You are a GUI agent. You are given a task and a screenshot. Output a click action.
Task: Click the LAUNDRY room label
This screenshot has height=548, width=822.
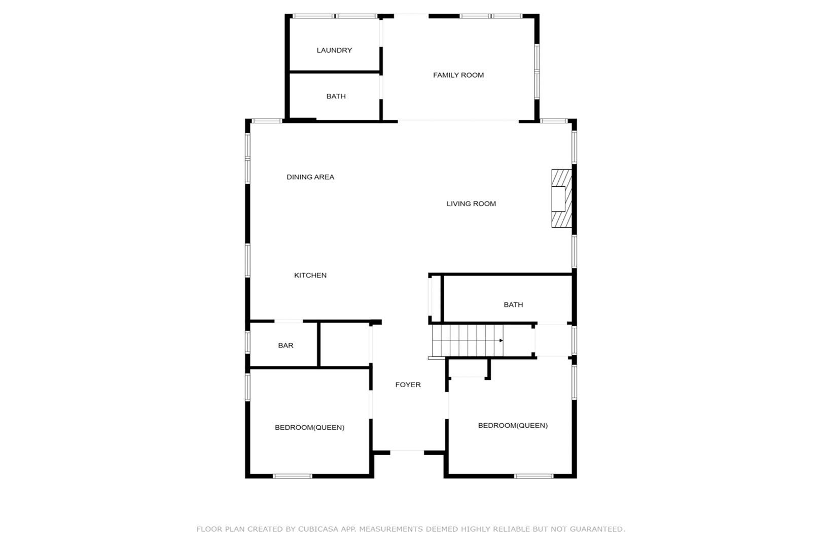click(334, 50)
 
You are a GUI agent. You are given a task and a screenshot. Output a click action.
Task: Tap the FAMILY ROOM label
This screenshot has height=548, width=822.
click(458, 75)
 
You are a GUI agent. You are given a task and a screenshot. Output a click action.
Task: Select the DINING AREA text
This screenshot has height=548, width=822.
click(310, 177)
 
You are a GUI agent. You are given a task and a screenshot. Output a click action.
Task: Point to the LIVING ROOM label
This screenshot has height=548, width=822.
click(471, 204)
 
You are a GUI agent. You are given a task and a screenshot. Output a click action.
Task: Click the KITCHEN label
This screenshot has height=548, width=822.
click(310, 276)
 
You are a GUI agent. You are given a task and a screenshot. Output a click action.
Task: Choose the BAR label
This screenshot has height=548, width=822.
click(286, 346)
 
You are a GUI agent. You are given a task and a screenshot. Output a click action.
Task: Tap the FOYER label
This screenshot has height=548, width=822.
click(408, 385)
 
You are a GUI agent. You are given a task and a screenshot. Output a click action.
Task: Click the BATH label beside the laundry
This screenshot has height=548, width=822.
click(336, 96)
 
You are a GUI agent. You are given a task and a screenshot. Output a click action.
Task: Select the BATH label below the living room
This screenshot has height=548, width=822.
click(513, 305)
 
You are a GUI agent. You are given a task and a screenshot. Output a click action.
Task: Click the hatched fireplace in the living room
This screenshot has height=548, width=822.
click(562, 198)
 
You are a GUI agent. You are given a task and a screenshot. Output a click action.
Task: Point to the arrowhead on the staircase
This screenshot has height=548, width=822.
click(502, 340)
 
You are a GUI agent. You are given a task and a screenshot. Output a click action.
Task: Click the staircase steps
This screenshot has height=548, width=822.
click(468, 340)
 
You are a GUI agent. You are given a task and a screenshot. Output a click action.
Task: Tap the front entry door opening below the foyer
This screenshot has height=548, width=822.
click(407, 453)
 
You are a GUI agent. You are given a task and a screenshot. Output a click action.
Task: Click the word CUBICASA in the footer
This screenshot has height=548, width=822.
click(318, 529)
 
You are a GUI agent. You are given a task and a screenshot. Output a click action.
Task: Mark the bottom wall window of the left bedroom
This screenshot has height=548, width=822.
click(293, 476)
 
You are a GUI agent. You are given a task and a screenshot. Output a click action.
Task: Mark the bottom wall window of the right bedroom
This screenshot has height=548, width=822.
click(533, 476)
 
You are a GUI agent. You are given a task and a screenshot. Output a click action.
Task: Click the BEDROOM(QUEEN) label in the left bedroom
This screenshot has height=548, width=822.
click(310, 428)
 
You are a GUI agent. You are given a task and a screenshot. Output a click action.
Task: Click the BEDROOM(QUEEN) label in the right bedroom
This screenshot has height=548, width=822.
click(513, 426)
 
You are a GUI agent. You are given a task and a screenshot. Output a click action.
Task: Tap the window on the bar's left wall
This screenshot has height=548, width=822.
click(247, 342)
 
